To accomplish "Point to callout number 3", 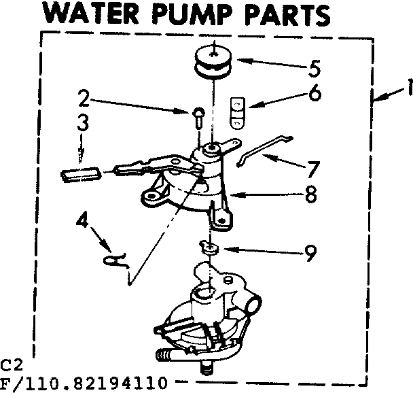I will click(x=83, y=126).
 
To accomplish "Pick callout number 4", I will click(x=83, y=222).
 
